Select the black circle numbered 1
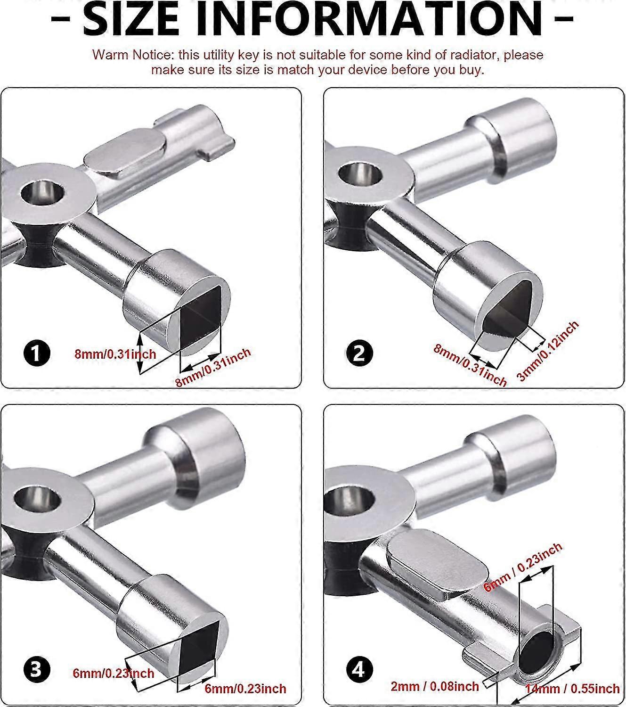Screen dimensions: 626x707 click(37, 353)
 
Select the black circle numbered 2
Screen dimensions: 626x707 click(359, 353)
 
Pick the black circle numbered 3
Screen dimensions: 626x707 click(37, 670)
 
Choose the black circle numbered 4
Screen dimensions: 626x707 click(359, 670)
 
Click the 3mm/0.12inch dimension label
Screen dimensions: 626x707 click(548, 351)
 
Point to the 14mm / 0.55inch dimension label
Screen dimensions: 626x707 click(572, 689)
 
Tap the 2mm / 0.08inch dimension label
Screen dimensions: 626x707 click(435, 686)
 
